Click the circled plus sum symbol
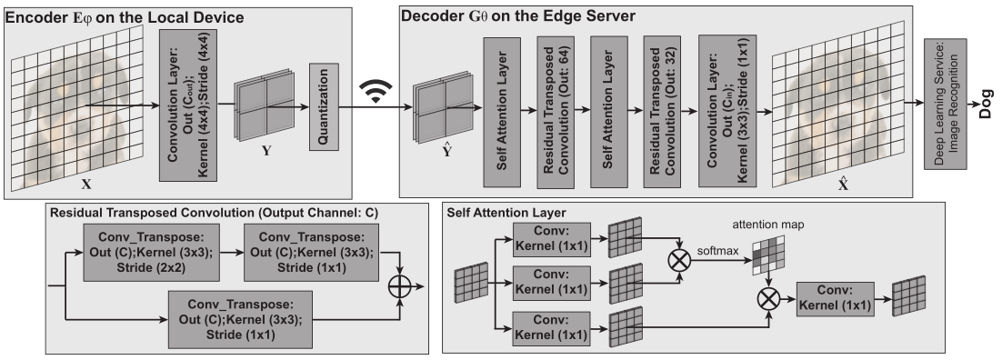click(400, 286)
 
